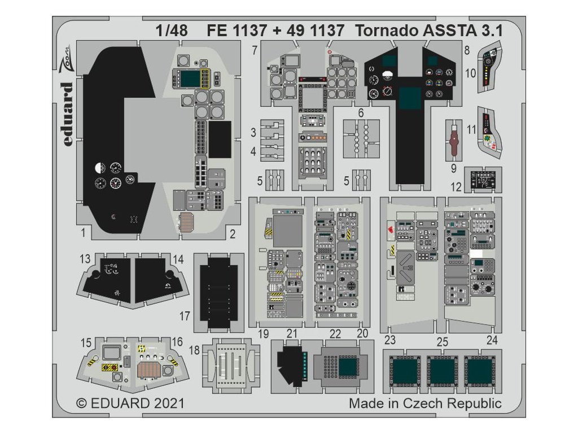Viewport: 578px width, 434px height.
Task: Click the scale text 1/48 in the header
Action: click(x=173, y=31)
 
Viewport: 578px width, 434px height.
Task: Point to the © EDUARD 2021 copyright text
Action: click(x=130, y=404)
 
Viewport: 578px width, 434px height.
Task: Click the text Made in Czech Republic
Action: click(x=424, y=404)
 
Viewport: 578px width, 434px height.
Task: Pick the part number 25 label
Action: click(x=443, y=341)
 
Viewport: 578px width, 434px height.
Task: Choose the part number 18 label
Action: click(x=194, y=350)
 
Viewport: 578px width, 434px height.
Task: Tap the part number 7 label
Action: click(x=255, y=50)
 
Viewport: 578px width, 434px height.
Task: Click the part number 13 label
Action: click(x=85, y=259)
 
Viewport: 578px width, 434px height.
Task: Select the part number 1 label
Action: click(x=83, y=232)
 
